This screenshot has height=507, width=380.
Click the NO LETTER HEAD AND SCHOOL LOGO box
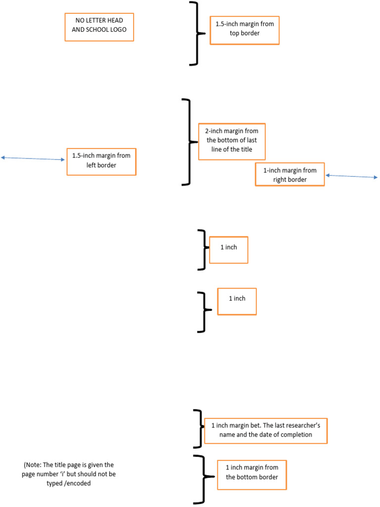click(99, 27)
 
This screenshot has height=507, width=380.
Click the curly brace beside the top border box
click(196, 33)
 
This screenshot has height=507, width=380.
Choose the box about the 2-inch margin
click(232, 141)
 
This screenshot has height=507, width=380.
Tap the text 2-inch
click(215, 131)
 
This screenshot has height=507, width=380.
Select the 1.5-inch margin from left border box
click(101, 161)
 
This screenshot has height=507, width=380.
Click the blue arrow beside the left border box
click(33, 158)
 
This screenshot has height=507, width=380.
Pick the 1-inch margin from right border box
click(289, 175)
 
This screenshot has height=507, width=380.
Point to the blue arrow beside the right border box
click(351, 176)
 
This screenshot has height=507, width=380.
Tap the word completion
click(296, 435)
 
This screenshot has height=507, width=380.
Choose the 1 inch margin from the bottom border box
click(251, 472)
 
